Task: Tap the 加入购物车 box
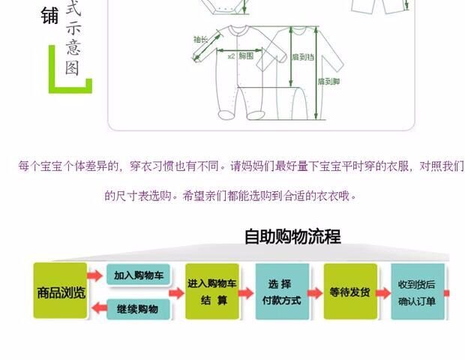tap(136, 275)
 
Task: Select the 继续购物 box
tap(136, 308)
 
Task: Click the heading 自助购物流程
tap(292, 237)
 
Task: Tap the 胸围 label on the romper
tap(245, 56)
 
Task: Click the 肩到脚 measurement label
tap(327, 81)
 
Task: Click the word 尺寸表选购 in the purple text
tap(139, 196)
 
